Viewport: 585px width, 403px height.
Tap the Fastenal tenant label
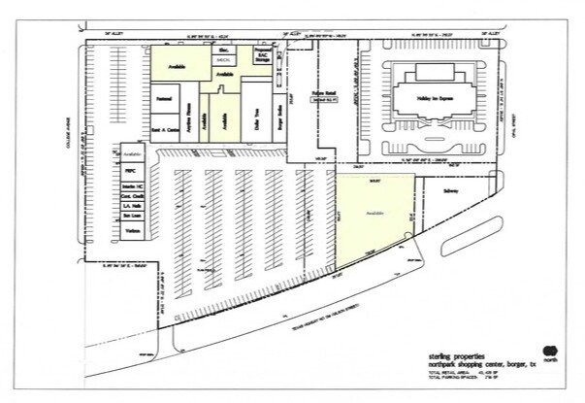tap(163, 96)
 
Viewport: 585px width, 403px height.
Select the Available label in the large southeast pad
tap(374, 211)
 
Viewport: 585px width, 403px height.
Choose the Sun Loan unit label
tap(134, 218)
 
